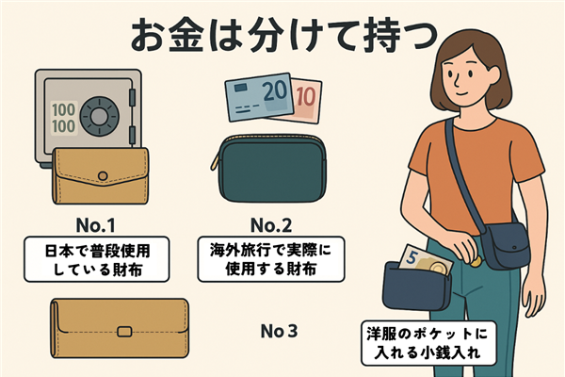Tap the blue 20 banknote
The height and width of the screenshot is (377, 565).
[x=259, y=97]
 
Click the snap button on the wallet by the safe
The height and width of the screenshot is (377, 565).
[x=103, y=176]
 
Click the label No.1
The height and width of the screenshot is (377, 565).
[x=95, y=226]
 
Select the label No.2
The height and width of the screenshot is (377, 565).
[x=271, y=226]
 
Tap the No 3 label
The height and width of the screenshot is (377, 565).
[x=280, y=331]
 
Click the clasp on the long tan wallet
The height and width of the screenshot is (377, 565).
[x=124, y=332]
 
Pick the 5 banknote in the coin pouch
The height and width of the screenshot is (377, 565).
[x=426, y=260]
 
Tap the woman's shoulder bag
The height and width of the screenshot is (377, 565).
[x=505, y=245]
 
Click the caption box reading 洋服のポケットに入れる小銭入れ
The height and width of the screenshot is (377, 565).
[x=428, y=343]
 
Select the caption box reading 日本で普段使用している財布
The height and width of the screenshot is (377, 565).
[x=97, y=259]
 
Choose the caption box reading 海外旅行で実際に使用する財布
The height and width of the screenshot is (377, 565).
[x=271, y=259]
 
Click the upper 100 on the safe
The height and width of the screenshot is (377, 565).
[x=64, y=110]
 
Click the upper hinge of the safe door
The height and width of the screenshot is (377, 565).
[x=132, y=97]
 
